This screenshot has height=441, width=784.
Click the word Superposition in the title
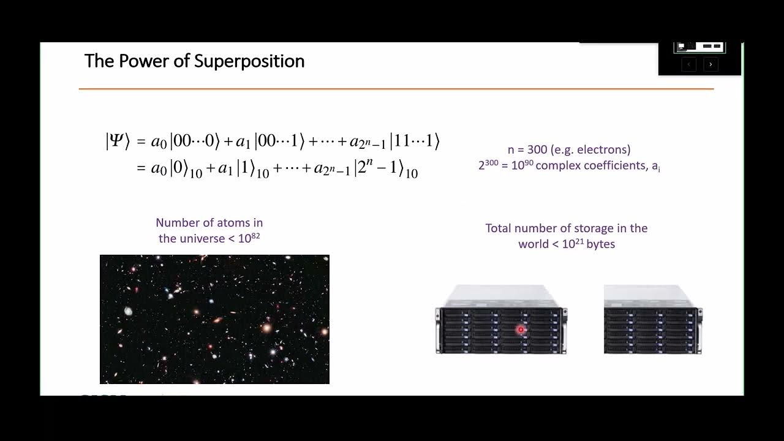point(249,61)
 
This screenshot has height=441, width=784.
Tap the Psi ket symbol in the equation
point(118,141)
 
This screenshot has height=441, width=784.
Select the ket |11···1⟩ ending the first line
point(415,141)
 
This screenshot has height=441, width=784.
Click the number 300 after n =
point(538,149)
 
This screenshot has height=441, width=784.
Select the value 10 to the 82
point(249,238)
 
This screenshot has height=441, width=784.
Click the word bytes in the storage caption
point(600,244)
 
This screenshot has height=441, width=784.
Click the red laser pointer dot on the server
point(521,330)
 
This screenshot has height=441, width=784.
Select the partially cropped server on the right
point(652,320)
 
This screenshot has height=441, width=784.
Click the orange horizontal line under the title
point(396,89)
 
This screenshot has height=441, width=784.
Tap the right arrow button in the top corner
point(710,64)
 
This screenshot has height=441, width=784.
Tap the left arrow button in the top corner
point(688,64)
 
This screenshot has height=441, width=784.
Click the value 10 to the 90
point(522,165)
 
